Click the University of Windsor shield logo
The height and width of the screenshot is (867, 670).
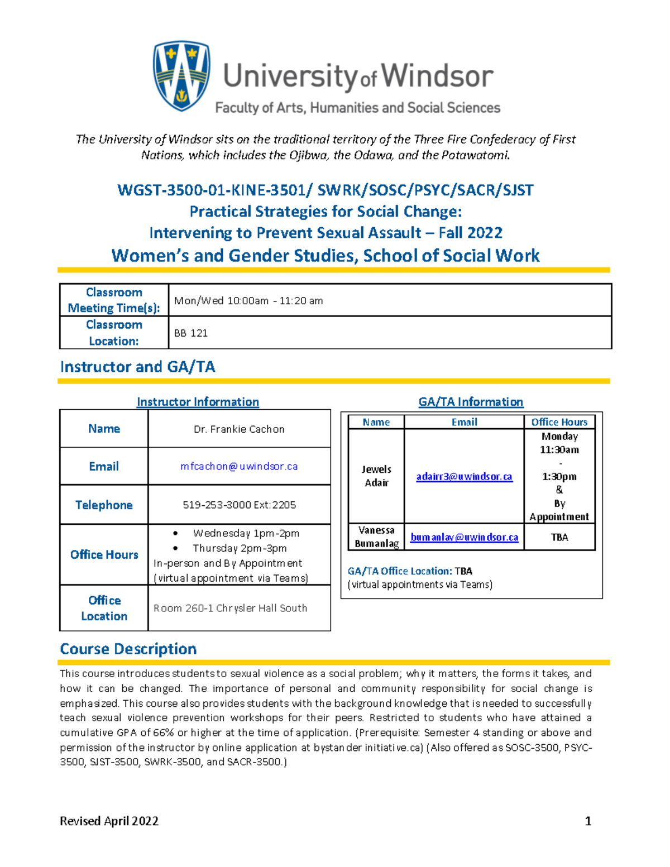(x=181, y=76)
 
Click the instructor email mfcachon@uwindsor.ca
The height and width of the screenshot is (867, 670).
(x=239, y=466)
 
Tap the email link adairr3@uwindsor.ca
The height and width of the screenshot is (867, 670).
(x=464, y=476)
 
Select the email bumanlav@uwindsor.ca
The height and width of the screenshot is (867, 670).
(x=464, y=537)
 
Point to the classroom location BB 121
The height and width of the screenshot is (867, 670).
(x=191, y=333)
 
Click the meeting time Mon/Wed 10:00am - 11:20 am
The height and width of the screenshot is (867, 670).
(x=248, y=301)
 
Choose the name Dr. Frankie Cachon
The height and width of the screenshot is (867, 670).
(x=239, y=429)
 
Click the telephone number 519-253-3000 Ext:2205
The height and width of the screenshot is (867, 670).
(x=239, y=505)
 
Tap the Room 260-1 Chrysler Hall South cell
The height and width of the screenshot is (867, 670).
(x=230, y=608)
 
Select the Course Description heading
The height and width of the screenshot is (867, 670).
(x=128, y=649)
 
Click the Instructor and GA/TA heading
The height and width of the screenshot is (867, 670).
(x=137, y=367)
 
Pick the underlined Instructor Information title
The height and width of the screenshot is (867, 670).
(x=198, y=402)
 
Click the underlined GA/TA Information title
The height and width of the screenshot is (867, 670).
(x=471, y=402)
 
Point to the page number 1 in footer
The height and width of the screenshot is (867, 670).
(x=587, y=821)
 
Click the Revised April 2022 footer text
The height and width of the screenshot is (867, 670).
(x=109, y=821)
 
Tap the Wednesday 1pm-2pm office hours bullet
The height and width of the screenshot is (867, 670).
(x=246, y=533)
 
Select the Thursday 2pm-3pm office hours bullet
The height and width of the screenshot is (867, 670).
(x=240, y=548)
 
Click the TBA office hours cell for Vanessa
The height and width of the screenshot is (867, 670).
(x=559, y=537)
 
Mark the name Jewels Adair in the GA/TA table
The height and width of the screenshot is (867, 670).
(x=376, y=476)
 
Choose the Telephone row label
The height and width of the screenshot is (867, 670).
(x=104, y=505)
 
